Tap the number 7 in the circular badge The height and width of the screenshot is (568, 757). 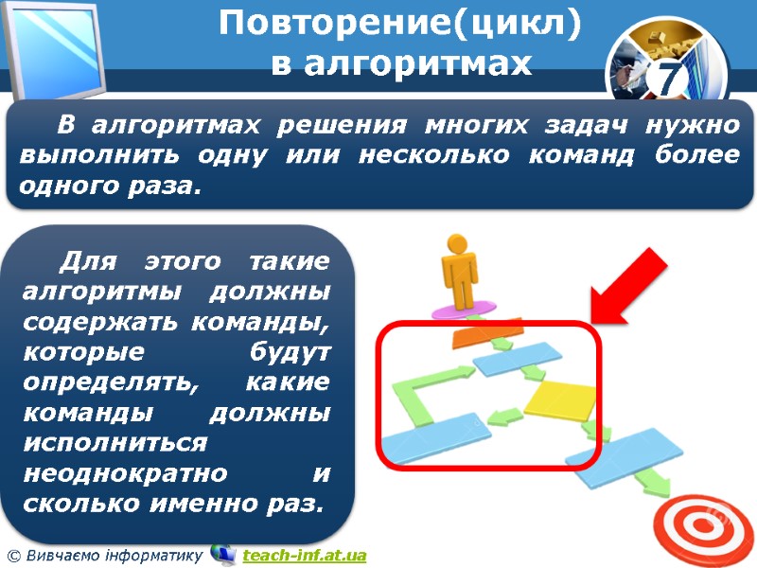[x=669, y=81]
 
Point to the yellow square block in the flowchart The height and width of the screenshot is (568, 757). [x=559, y=398]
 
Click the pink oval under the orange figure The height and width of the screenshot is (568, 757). [x=463, y=310]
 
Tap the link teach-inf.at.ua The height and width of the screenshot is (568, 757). [x=304, y=555]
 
